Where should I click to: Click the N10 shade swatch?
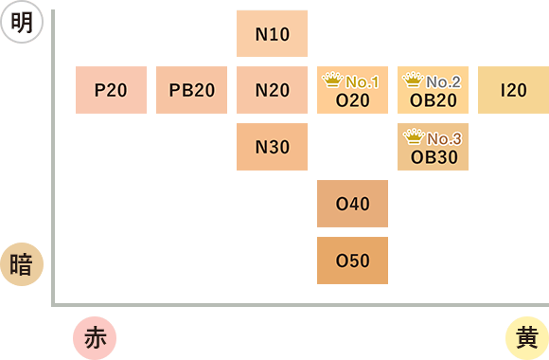(272, 34)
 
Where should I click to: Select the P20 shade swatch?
(111, 90)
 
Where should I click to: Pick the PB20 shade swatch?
(191, 90)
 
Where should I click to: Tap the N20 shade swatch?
(272, 90)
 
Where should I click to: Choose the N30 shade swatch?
(272, 147)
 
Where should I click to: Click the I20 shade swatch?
(513, 90)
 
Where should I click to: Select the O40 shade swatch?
(352, 204)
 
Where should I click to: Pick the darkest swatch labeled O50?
(352, 261)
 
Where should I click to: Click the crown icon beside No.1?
(332, 80)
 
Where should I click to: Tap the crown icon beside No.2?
(413, 80)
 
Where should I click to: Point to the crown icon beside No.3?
(414, 136)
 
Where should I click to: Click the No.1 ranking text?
(362, 82)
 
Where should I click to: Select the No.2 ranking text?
(443, 82)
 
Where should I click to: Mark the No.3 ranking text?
(444, 139)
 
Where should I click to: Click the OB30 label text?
(434, 157)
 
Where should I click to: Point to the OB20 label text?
(434, 100)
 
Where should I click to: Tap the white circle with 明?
(22, 22)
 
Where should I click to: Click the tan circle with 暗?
(22, 264)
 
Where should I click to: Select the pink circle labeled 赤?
(95, 338)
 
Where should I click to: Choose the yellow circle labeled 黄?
(527, 338)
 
